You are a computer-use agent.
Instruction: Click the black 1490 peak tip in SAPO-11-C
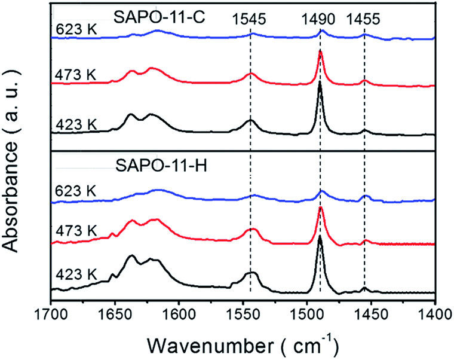point(320,83)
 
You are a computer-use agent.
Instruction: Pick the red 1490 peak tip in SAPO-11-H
point(321,207)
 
